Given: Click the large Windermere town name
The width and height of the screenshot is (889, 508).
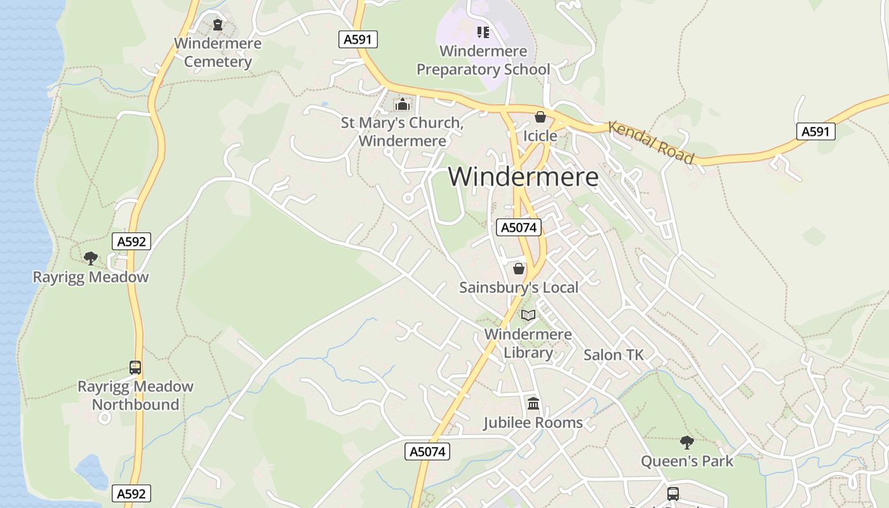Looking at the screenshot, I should [x=523, y=177].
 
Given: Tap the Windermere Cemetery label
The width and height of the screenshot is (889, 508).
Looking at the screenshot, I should [x=218, y=53].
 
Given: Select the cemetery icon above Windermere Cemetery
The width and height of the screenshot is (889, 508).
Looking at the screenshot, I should [x=218, y=25].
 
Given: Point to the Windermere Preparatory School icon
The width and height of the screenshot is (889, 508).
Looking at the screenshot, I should [x=483, y=32].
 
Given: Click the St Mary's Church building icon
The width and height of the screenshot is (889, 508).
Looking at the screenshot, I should [x=402, y=104].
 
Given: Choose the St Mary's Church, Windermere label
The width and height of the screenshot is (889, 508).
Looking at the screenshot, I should [x=403, y=131].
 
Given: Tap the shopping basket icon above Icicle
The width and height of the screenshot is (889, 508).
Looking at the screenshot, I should [x=540, y=117].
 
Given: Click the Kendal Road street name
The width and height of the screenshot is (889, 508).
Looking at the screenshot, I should [x=651, y=142].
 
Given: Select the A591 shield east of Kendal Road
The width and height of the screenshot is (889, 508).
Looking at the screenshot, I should [x=815, y=131].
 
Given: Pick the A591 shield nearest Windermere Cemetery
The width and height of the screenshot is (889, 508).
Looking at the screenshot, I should [x=358, y=39].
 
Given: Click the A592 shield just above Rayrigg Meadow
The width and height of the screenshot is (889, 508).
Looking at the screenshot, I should [x=132, y=241].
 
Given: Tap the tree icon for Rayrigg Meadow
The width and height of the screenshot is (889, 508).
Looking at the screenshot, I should [x=91, y=258].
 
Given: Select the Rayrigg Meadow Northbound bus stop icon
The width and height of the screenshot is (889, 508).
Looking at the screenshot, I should [x=135, y=367].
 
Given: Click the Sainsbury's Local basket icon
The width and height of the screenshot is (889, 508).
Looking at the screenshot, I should [x=519, y=269].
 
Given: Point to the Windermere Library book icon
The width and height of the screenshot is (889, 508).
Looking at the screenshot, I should [x=528, y=315].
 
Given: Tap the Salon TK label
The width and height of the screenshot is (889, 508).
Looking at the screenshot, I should [x=613, y=355].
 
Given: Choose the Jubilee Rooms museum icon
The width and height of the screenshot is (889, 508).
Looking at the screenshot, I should [x=533, y=403].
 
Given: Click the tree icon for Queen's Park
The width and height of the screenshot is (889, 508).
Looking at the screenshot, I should [x=686, y=442].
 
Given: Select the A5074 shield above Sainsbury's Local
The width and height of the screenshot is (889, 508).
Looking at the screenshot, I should [x=519, y=227].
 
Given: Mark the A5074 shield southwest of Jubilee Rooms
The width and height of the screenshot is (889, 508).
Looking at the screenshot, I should [x=427, y=451].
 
